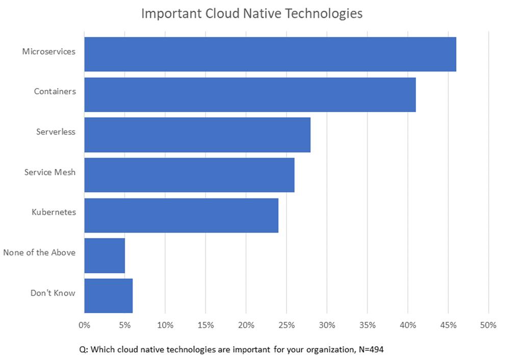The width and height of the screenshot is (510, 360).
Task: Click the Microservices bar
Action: pyautogui.click(x=270, y=54)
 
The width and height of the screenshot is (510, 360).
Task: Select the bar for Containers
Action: pyautogui.click(x=250, y=94)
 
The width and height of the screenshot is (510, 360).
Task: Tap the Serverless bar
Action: pyautogui.click(x=197, y=135)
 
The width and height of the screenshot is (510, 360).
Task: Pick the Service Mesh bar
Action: pyautogui.click(x=189, y=175)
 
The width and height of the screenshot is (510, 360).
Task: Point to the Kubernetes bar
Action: pyautogui.click(x=181, y=215)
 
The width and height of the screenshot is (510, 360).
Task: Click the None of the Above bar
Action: pyautogui.click(x=105, y=255)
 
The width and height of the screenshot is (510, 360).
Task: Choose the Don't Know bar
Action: pyautogui.click(x=108, y=296)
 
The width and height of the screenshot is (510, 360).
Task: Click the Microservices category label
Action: pyautogui.click(x=49, y=52)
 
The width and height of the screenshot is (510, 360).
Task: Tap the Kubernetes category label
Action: pyautogui.click(x=54, y=212)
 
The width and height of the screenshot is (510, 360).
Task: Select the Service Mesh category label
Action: pyautogui.click(x=50, y=172)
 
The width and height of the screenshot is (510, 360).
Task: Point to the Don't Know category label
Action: pyautogui.click(x=53, y=293)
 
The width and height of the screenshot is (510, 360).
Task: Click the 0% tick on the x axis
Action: pyautogui.click(x=84, y=325)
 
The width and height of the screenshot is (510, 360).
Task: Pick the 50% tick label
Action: pyautogui.click(x=488, y=325)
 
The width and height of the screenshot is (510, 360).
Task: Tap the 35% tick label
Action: pyautogui.click(x=367, y=325)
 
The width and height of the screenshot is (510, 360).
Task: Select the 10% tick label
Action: pyautogui.click(x=165, y=325)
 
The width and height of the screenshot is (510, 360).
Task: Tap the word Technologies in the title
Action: pyautogui.click(x=323, y=13)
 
